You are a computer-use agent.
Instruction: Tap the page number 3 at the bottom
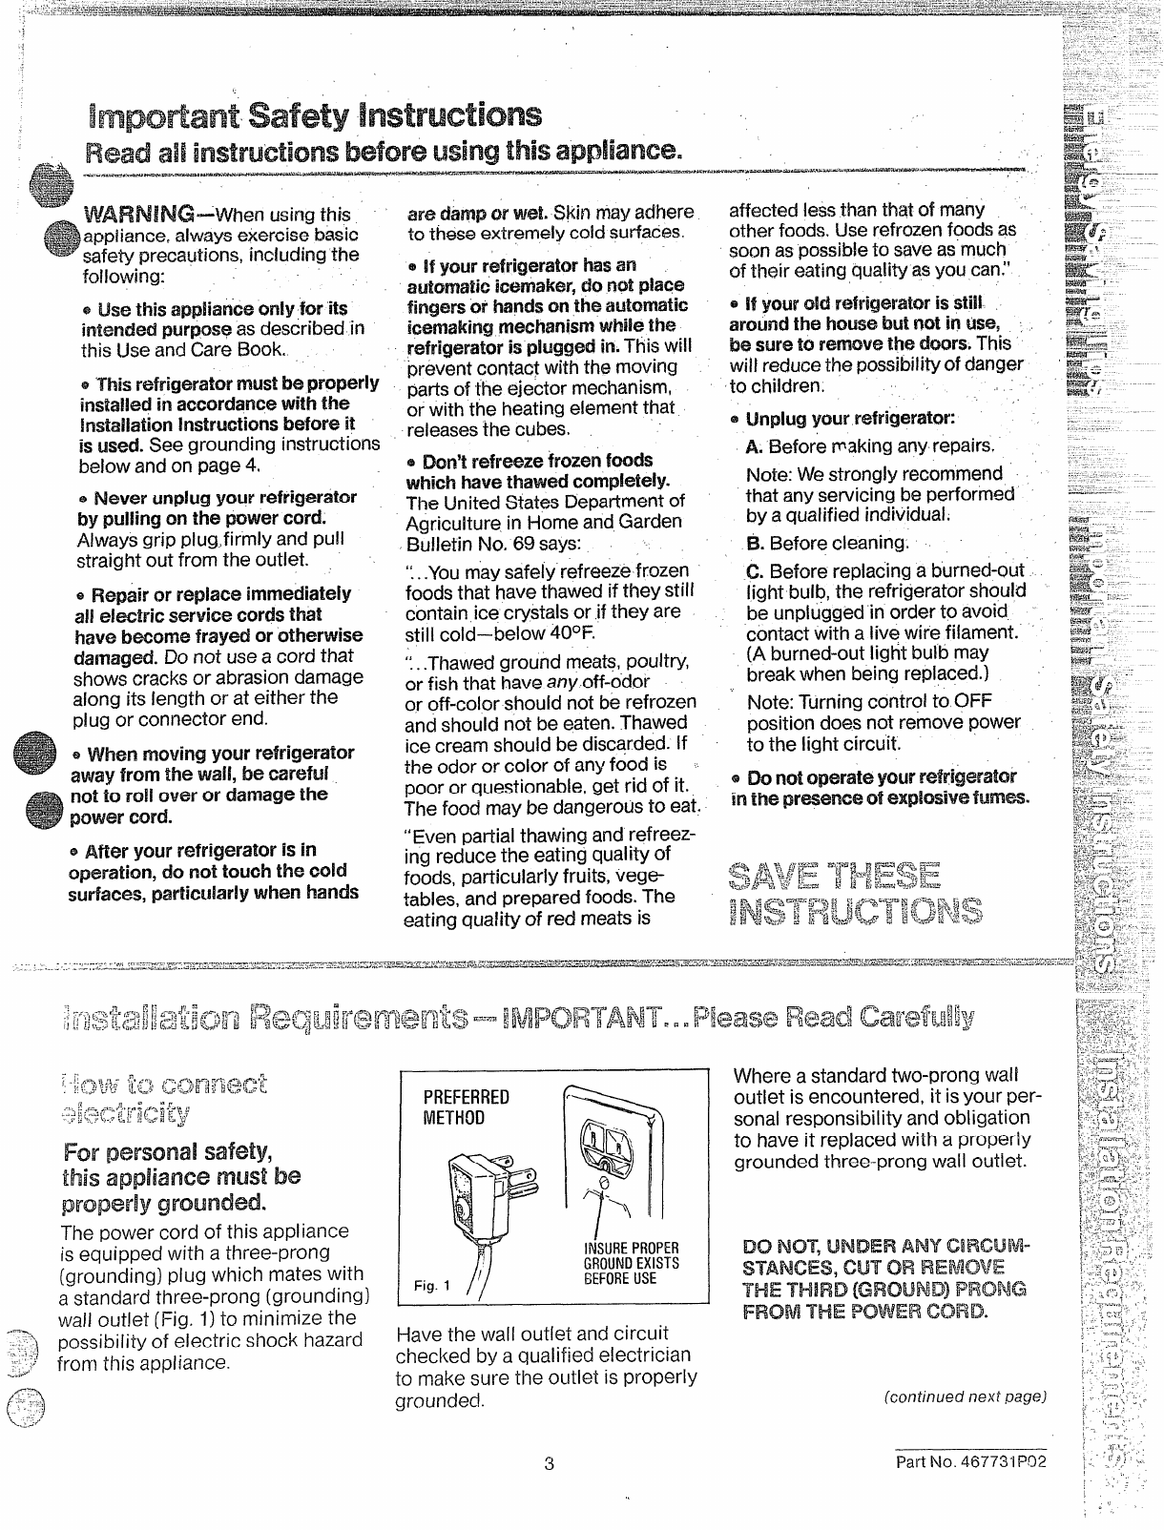click(550, 1464)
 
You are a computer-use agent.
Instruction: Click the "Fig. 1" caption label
click(426, 1286)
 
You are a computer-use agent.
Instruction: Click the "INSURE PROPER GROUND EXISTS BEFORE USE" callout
click(631, 1263)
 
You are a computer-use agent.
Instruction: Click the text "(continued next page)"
click(965, 1396)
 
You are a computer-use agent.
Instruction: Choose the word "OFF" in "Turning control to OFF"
click(972, 700)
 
